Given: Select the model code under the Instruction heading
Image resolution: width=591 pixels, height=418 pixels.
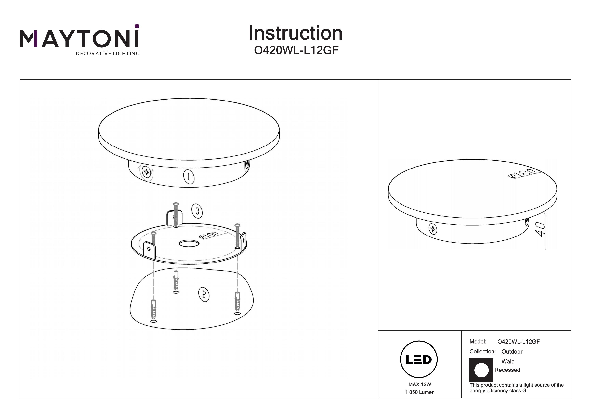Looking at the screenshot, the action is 296,50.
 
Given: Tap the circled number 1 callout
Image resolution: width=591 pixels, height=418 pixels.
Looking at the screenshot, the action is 189,177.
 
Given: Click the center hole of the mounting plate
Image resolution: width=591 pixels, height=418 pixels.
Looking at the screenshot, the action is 189,244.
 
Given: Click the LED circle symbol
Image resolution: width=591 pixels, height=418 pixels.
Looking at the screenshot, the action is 419,359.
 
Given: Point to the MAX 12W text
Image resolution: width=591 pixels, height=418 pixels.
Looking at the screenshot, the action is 420,384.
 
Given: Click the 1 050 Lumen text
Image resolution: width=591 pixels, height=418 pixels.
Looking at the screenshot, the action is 420,392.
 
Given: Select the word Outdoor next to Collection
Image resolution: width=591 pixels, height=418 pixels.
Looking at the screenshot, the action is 512,352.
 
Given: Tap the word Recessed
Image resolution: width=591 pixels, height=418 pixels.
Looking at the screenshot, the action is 507,370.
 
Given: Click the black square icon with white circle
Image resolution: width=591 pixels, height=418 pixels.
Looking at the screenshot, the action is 481,370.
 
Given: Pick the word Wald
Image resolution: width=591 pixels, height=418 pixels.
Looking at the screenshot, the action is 508,362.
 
